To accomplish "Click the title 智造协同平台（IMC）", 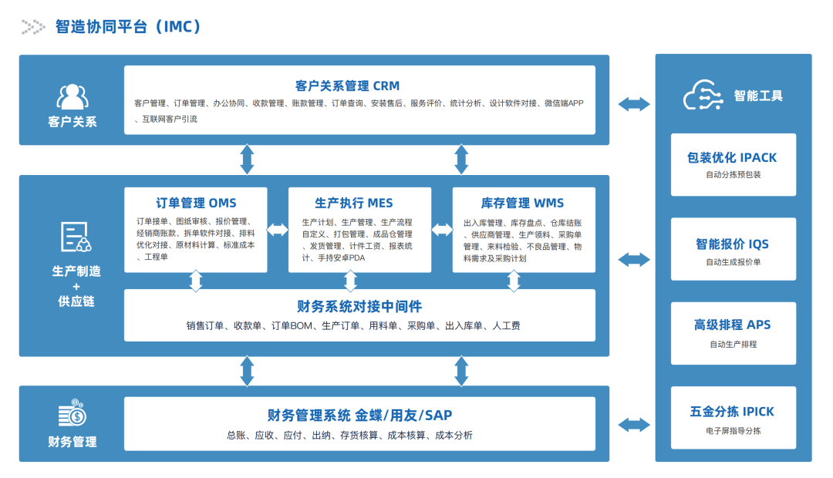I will coord(128,26).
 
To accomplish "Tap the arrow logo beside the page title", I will coord(33,27).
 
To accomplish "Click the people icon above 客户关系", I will coord(73,96).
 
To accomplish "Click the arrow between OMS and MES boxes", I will coord(278,230).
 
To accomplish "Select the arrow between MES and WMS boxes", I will coord(442,230).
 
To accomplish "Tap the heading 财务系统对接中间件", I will coord(359,307).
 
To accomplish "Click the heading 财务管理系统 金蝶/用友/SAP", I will coord(359,416).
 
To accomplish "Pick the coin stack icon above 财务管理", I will coord(73,413).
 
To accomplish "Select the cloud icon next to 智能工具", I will coord(702,96).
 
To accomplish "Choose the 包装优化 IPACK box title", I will coord(732,158).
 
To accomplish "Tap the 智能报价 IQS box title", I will coord(732,244).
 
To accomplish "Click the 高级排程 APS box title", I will coord(732,325).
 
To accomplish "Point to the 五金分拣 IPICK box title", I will coord(732,412).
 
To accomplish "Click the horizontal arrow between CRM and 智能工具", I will coord(633,103).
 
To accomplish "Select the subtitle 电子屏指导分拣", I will coord(732,431).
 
